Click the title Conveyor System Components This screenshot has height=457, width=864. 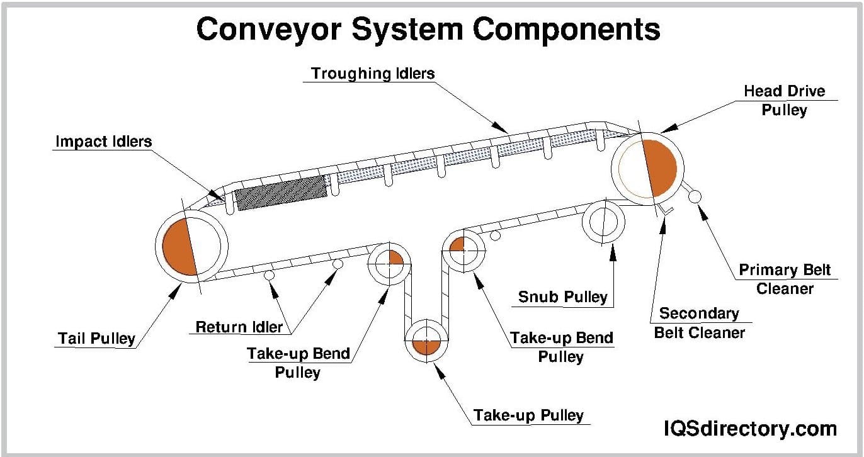pos(428,29)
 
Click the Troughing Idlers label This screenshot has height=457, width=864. pos(373,74)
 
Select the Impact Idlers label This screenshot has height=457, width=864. pos(104,141)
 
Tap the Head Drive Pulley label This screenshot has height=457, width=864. pos(784,100)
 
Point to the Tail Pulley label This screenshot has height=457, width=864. pos(97,338)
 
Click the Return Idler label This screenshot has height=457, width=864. pos(239,327)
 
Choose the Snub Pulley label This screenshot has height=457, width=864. pos(562,296)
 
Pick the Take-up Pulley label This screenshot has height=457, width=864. pos(528,415)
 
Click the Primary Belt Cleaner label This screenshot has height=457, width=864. pos(785,279)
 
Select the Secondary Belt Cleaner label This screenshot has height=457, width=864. pos(699,322)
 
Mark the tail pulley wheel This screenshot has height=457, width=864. pos(191,245)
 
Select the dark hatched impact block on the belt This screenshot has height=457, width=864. pos(281,193)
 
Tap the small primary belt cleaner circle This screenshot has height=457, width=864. pos(695,196)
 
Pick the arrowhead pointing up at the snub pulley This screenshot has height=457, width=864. pos(611,250)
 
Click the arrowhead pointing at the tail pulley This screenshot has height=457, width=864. pos(175,290)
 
